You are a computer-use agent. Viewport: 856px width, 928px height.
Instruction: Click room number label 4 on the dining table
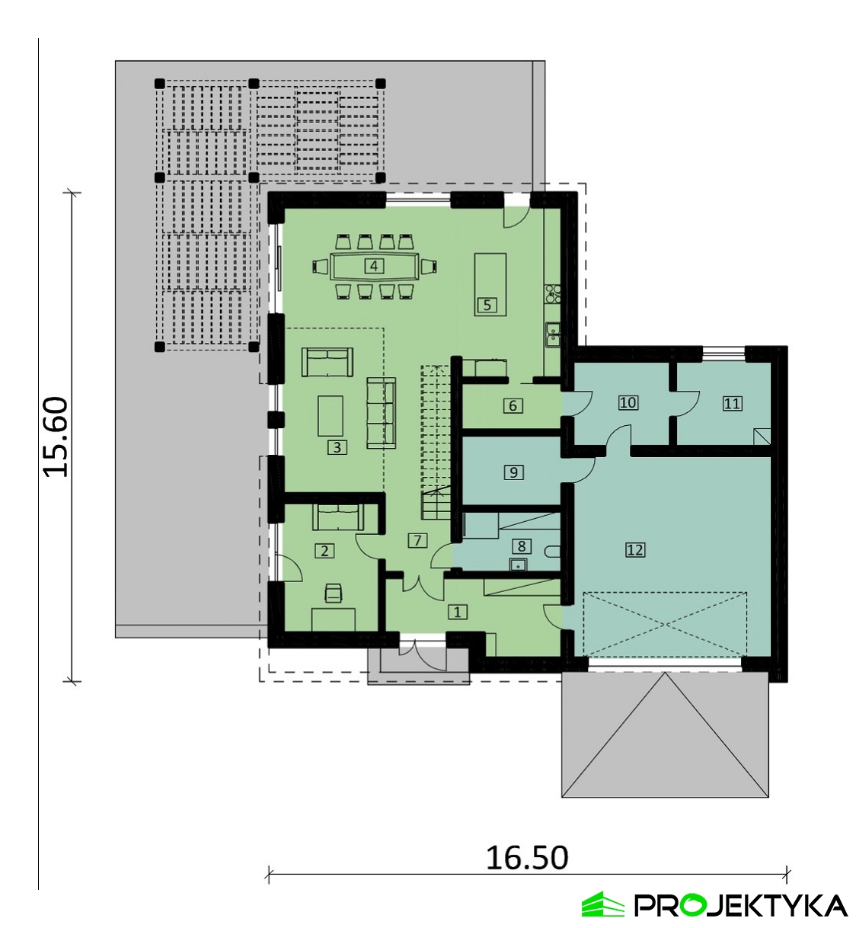tap(373, 267)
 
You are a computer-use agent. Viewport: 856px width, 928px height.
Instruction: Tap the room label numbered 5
tap(487, 305)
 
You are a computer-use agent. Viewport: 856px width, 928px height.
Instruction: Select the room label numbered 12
tap(635, 550)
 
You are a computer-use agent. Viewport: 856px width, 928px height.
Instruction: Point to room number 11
tap(732, 403)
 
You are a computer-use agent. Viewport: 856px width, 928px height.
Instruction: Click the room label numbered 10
tap(628, 402)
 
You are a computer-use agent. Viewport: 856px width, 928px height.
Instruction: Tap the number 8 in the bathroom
tap(522, 546)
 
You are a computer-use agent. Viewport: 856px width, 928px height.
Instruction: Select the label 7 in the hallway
tap(417, 541)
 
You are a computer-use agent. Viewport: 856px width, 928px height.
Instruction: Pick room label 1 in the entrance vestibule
tap(457, 612)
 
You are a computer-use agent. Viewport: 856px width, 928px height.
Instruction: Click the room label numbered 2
tap(324, 551)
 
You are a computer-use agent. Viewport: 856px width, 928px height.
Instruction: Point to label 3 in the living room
tap(337, 448)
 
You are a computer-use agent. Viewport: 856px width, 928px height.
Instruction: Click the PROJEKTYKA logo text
tap(740, 906)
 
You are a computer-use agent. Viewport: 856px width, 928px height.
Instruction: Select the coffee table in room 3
tap(331, 416)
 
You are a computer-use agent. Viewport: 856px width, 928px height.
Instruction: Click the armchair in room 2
tap(333, 593)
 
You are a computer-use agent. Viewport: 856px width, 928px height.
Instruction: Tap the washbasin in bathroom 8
tap(519, 565)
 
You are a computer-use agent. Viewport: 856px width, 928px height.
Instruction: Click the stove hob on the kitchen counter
tap(553, 294)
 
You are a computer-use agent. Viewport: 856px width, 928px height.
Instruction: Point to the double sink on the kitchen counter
tap(553, 334)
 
